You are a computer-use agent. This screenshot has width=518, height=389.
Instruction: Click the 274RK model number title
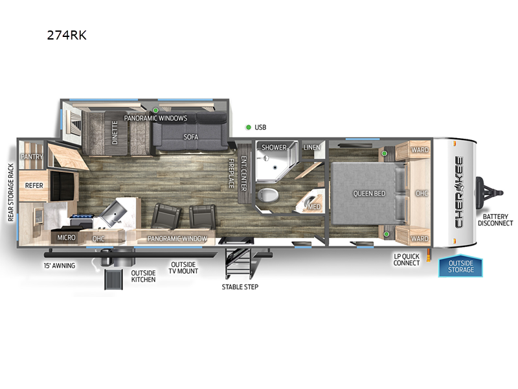click(67, 35)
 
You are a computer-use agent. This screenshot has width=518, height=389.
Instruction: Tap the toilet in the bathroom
click(268, 195)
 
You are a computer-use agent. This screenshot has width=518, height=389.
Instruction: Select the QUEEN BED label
click(369, 193)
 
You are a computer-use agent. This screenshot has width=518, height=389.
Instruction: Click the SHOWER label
click(274, 147)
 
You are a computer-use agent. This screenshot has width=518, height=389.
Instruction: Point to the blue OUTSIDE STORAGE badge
click(460, 266)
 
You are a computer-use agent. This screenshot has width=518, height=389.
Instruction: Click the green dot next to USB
click(248, 127)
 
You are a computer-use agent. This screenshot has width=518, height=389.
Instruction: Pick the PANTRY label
click(32, 156)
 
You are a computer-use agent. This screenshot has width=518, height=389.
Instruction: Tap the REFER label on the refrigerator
click(34, 185)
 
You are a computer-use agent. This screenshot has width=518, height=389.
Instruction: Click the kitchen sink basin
click(114, 213)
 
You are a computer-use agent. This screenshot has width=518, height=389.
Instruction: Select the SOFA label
click(191, 137)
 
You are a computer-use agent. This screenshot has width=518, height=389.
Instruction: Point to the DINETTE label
click(115, 132)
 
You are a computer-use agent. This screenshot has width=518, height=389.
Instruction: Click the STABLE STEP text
click(240, 287)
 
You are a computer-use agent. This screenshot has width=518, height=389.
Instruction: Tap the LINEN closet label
click(312, 147)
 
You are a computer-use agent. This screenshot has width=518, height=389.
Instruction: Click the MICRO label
click(67, 237)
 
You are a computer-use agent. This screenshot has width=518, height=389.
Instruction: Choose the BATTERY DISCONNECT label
click(495, 220)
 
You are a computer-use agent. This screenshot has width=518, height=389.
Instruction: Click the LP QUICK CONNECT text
click(407, 260)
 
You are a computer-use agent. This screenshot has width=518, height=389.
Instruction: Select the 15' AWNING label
click(60, 266)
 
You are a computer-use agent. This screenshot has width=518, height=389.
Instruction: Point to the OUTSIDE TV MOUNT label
click(183, 268)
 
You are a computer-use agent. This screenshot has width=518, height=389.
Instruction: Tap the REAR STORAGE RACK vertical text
click(11, 193)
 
